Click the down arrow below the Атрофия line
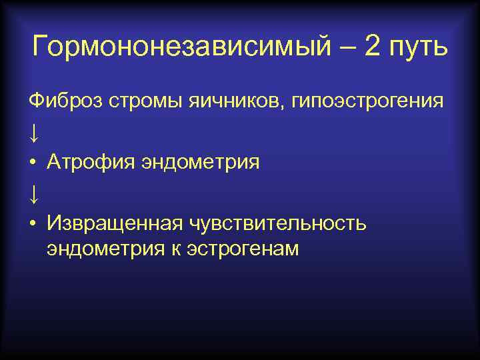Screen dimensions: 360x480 pos(34,193)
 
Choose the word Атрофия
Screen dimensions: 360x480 pos(90,162)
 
